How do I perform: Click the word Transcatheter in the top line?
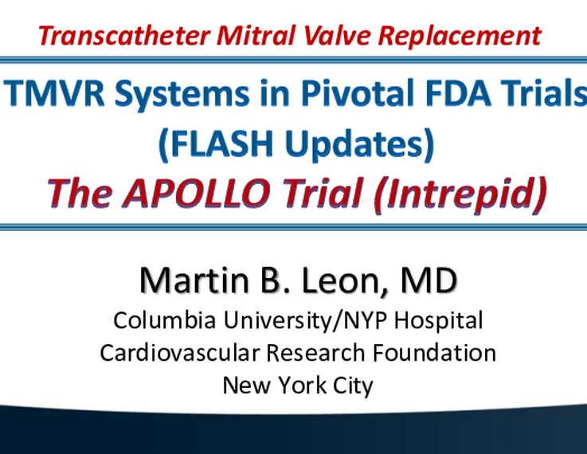(x=124, y=36)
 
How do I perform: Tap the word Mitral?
(x=256, y=36)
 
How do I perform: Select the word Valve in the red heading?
(x=337, y=36)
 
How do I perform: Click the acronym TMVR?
(x=54, y=93)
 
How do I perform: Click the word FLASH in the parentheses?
(x=221, y=143)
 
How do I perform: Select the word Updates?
(x=354, y=144)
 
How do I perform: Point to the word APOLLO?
(x=197, y=193)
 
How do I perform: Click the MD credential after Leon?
(x=429, y=280)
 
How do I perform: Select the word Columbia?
(x=165, y=320)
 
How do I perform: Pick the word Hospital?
(x=438, y=322)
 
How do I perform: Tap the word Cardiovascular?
(x=180, y=353)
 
